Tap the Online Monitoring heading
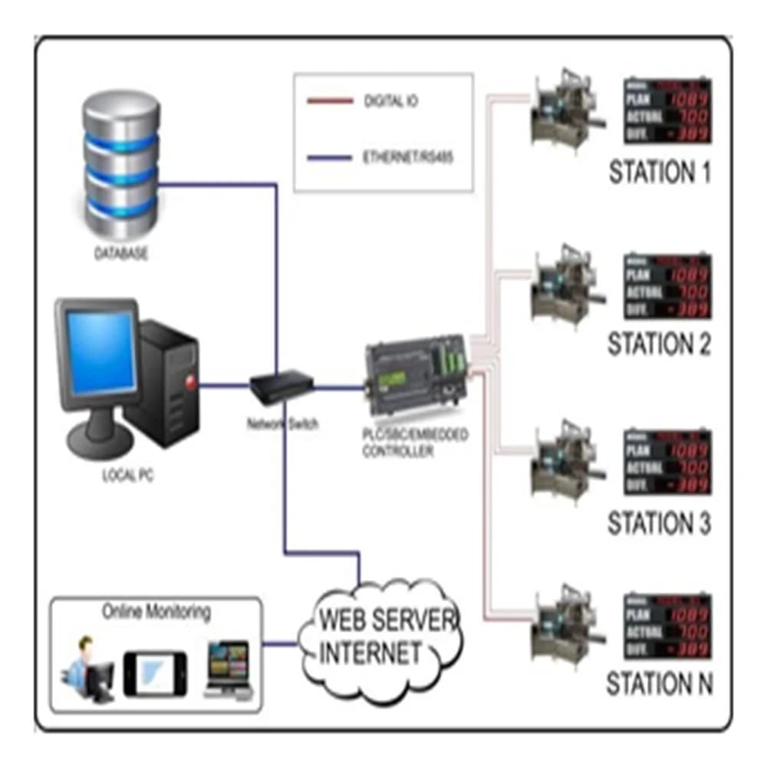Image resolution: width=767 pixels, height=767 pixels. (x=156, y=612)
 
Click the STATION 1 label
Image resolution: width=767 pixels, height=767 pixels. (x=660, y=172)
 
